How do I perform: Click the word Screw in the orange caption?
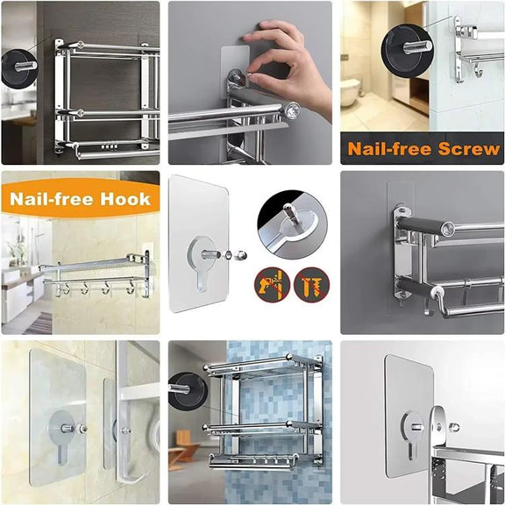469,149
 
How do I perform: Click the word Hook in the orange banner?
125,199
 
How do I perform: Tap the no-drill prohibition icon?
272,285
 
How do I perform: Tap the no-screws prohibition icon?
311,285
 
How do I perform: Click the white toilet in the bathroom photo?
351,92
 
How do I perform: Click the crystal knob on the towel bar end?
293,110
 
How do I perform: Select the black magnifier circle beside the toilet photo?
405,50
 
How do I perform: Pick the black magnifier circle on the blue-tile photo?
187,392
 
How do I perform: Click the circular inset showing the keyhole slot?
292,224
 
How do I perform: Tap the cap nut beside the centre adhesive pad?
241,255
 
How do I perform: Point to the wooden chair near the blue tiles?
177,448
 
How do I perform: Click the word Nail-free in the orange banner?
53,199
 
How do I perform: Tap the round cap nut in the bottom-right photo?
454,427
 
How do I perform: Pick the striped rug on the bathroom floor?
39,322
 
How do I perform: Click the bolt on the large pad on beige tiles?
68,429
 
